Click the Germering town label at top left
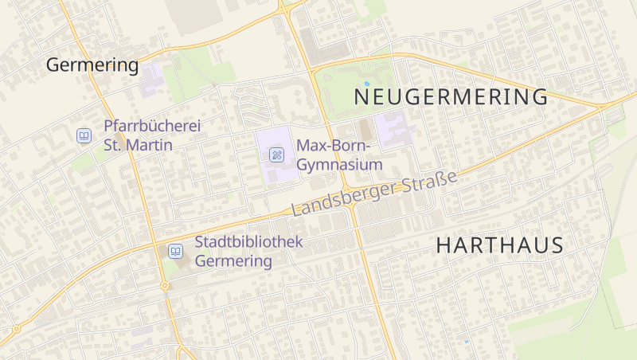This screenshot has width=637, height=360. pos(92,65)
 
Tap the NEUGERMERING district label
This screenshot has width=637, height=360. pos(451,97)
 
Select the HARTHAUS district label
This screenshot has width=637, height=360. pos(499,245)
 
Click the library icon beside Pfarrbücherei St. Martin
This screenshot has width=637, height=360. pos(84,136)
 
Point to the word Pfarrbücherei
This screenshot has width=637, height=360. pos(152,127)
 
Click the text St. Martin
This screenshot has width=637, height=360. pos(138,146)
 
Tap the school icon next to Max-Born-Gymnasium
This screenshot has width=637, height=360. pos(276,155)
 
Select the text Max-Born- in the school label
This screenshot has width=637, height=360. pos(334,146)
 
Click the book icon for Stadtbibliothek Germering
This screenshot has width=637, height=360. pos(174,252)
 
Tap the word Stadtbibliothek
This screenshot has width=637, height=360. pos(248,242)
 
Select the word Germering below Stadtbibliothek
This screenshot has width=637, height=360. pos(233,261)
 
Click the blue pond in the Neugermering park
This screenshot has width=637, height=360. pos(366,83)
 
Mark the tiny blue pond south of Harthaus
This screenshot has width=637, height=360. pos(467,342)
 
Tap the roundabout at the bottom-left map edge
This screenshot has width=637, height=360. pos(15,328)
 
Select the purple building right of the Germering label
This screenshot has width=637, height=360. pos(151,80)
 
